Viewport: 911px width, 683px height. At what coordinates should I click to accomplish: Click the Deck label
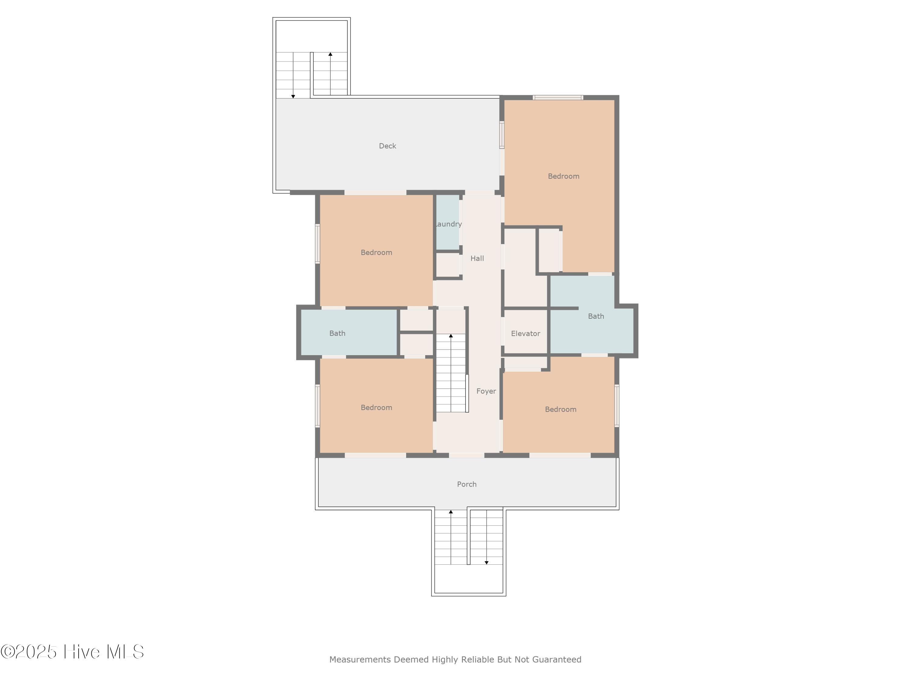[x=387, y=146]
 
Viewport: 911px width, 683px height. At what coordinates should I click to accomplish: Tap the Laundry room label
[x=449, y=224]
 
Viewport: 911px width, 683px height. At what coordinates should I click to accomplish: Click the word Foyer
[x=486, y=391]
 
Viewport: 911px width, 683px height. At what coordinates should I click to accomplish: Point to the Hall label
[x=477, y=258]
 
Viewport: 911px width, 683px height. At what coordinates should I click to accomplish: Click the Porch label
[x=467, y=484]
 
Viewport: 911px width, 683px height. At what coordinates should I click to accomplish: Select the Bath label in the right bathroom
[x=595, y=316]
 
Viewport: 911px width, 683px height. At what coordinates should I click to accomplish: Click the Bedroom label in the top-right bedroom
[x=563, y=176]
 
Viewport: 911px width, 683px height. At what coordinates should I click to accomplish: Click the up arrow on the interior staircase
[x=451, y=336]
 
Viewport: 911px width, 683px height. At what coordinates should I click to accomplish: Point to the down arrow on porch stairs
[x=486, y=562]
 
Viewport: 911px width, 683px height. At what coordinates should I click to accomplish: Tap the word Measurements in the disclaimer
[x=360, y=660]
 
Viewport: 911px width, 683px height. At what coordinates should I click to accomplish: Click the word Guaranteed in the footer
[x=556, y=660]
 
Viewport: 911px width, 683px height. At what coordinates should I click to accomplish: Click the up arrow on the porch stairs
[x=451, y=512]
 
